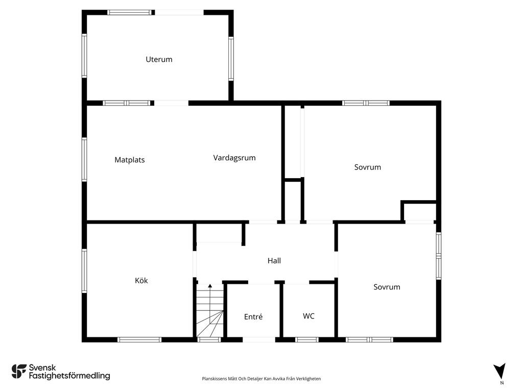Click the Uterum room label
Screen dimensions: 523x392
pyautogui.click(x=159, y=59)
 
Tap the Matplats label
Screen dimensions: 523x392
pyautogui.click(x=130, y=160)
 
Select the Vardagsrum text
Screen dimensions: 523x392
pyautogui.click(x=234, y=158)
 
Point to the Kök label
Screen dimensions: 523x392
pyautogui.click(x=141, y=280)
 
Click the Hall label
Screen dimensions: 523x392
pyautogui.click(x=274, y=261)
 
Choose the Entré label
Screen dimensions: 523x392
pyautogui.click(x=253, y=316)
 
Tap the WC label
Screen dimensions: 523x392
pyautogui.click(x=308, y=316)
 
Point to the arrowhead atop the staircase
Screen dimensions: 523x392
pyautogui.click(x=210, y=286)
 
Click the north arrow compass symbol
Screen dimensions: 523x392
pyautogui.click(x=500, y=371)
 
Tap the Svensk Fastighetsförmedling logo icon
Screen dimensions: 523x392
pyautogui.click(x=19, y=372)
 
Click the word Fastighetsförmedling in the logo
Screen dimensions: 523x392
pyautogui.click(x=69, y=376)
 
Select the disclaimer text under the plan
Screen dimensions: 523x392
pyautogui.click(x=261, y=379)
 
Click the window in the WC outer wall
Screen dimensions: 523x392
pyautogui.click(x=307, y=339)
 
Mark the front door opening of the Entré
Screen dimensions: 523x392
pyautogui.click(x=259, y=339)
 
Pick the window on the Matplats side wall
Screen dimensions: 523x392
pyautogui.click(x=84, y=160)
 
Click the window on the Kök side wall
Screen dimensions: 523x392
pyautogui.click(x=84, y=271)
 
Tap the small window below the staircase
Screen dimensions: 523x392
pyautogui.click(x=209, y=339)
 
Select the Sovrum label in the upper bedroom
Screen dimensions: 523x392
pyautogui.click(x=368, y=167)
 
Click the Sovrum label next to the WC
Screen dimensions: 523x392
pyautogui.click(x=387, y=287)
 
